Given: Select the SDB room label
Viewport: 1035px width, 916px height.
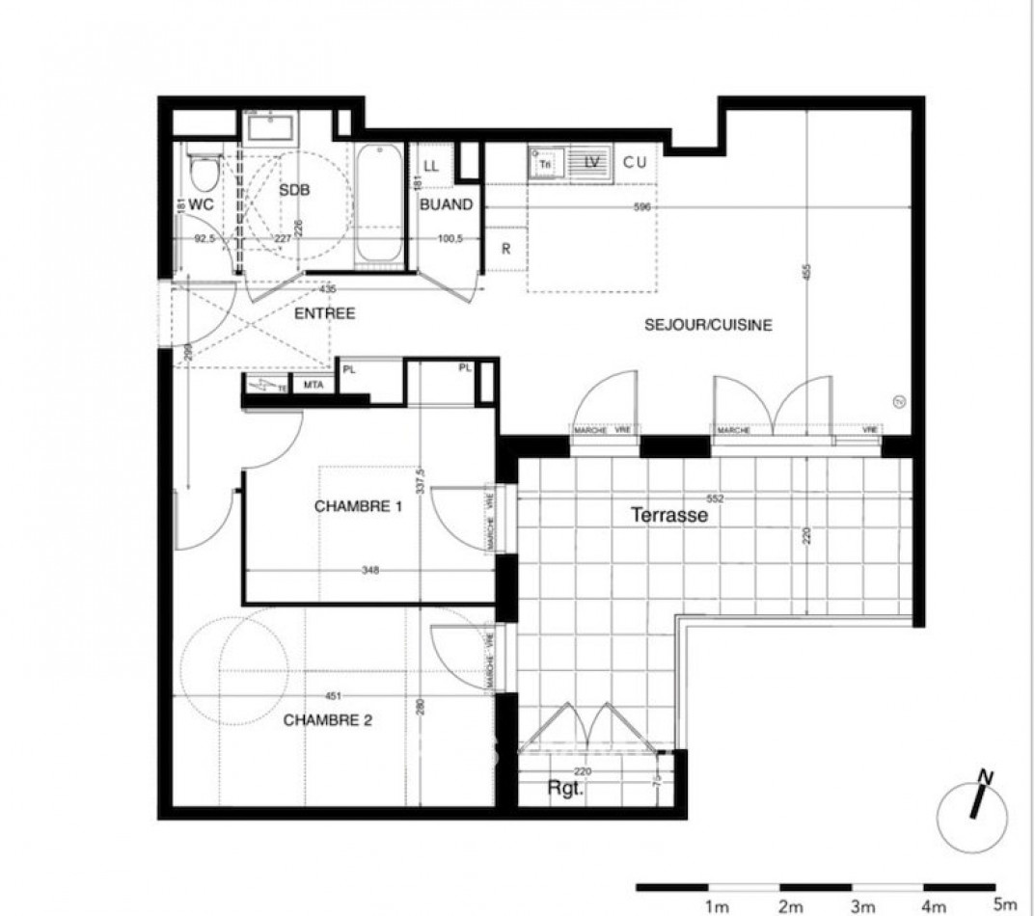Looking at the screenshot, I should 294,191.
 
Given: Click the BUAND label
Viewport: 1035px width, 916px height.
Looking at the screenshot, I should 446,204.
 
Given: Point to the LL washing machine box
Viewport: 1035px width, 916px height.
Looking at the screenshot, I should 430,166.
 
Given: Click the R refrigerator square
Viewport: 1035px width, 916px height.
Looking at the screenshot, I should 505,248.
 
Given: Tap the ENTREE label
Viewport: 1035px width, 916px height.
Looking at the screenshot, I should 325,313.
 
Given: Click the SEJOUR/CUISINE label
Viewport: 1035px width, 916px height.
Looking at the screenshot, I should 708,325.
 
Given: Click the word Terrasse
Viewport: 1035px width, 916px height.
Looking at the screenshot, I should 669,516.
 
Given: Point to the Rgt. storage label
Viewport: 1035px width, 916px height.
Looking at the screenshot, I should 567,788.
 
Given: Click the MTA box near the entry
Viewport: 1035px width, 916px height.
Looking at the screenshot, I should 313,386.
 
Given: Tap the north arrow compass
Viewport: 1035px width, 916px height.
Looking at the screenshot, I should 977,808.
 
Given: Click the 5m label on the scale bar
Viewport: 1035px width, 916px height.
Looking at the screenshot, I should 1004,904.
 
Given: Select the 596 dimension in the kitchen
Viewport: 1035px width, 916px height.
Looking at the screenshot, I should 642,207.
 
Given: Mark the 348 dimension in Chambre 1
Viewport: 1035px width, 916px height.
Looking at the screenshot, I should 369,570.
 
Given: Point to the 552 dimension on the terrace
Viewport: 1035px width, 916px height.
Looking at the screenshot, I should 714,498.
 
